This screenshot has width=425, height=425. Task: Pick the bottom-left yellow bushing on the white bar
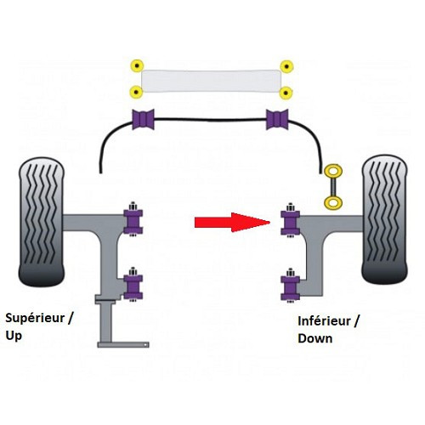(135, 92)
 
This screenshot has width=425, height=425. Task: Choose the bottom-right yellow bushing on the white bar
(287, 92)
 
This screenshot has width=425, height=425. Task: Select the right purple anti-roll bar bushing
(279, 120)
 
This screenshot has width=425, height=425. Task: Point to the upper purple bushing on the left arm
(133, 220)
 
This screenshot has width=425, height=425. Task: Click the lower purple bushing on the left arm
(133, 285)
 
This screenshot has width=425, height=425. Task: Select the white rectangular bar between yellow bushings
(211, 79)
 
